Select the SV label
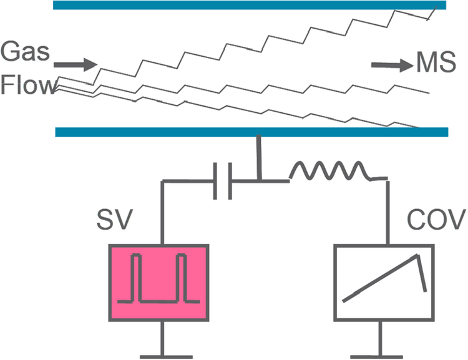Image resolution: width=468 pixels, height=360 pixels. pos(127,220)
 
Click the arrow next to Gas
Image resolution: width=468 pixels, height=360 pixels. pos(76,64)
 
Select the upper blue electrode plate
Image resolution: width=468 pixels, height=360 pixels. pos(250,6)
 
